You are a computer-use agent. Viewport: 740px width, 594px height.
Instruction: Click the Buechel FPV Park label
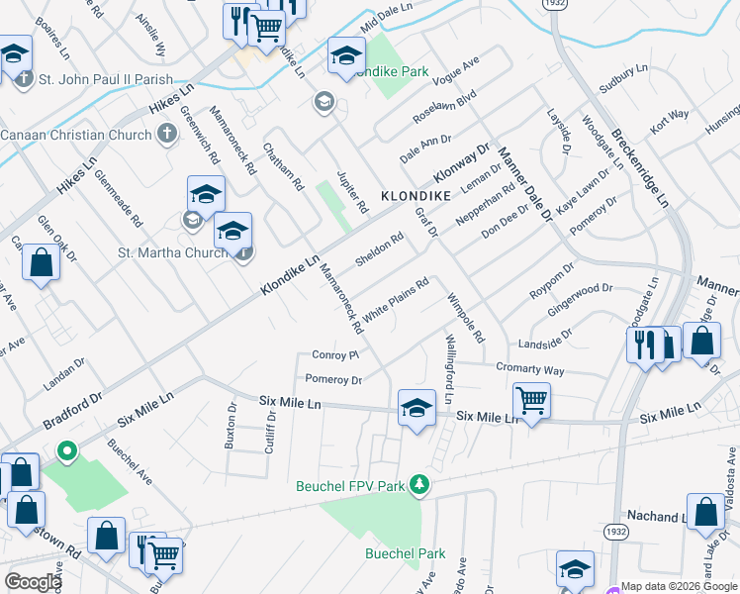coord(351,486)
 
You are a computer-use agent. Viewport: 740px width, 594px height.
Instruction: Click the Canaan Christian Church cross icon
coord(167,134)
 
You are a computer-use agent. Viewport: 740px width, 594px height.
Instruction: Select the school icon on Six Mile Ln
coord(416,408)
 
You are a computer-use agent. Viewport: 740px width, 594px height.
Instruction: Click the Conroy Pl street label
coord(334,354)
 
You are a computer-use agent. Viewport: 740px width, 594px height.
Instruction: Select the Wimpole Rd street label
coord(466,318)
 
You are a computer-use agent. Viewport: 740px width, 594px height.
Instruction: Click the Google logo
coord(32,581)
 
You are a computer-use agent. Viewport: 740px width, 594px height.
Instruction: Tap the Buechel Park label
coord(406,553)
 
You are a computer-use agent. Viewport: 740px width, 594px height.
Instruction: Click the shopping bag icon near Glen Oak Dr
coord(41,263)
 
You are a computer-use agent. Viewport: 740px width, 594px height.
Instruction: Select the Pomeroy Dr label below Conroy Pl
coord(333,379)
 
